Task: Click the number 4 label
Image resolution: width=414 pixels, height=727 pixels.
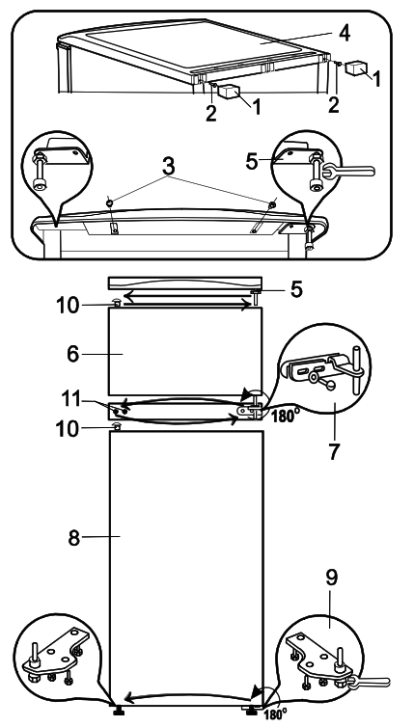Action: coord(345,31)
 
